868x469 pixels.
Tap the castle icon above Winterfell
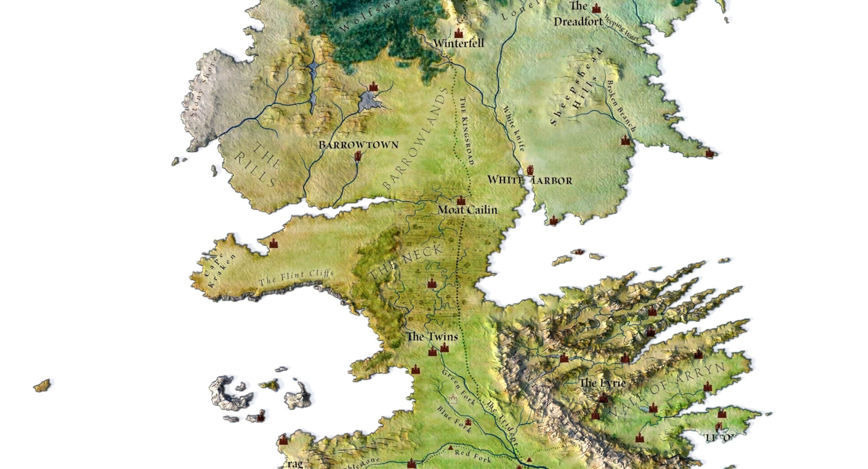(458, 33)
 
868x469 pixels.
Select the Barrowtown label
(358, 145)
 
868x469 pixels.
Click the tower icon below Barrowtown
(358, 156)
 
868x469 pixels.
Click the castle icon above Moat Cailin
(461, 200)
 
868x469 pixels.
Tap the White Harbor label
(529, 180)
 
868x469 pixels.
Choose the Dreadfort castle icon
(596, 8)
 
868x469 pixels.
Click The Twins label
(432, 337)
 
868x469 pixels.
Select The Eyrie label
(602, 383)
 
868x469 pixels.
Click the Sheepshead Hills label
(577, 87)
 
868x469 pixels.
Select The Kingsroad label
(465, 130)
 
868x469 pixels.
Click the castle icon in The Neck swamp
(431, 284)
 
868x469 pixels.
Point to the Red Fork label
(473, 456)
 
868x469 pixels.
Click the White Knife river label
(514, 127)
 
